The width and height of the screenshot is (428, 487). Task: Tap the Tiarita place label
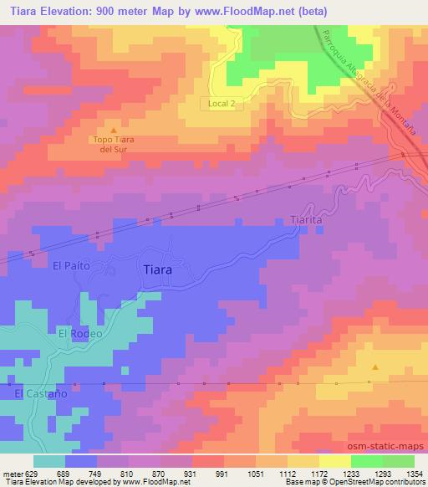296,220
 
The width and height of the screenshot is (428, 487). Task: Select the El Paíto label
70,266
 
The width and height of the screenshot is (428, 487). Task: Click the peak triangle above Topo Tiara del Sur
115,130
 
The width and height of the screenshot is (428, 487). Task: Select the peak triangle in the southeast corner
374,367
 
